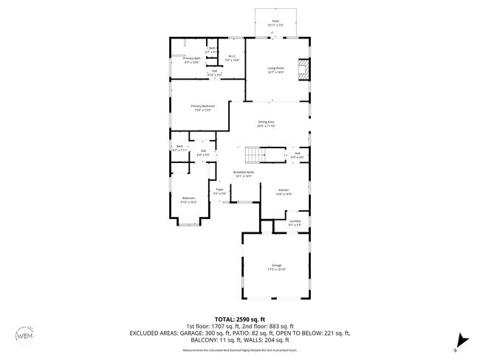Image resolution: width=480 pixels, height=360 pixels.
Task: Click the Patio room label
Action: pyautogui.click(x=275, y=23)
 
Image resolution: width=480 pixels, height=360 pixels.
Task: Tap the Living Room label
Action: pyautogui.click(x=275, y=70)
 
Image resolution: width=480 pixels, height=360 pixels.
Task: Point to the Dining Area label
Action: pyautogui.click(x=266, y=123)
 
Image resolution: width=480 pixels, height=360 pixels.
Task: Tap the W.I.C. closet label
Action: pyautogui.click(x=231, y=58)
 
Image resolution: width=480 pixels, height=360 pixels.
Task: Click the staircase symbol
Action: pyautogui.click(x=253, y=153)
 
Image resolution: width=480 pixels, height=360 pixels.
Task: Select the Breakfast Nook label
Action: pyautogui.click(x=244, y=174)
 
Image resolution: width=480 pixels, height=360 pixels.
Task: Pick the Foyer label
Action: pyautogui.click(x=219, y=191)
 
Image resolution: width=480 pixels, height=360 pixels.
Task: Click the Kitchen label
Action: pyautogui.click(x=284, y=192)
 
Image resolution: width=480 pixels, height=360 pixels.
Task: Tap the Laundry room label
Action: pyautogui.click(x=294, y=222)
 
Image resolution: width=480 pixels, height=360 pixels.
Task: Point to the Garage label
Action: pyautogui.click(x=276, y=267)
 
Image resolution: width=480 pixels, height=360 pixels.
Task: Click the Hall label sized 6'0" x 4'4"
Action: pyautogui.click(x=296, y=155)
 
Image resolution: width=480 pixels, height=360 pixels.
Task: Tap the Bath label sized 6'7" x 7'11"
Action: pyautogui.click(x=179, y=148)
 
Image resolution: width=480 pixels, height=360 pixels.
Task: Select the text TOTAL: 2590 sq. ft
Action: pyautogui.click(x=240, y=319)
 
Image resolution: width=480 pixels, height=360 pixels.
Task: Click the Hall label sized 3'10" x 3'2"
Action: pyautogui.click(x=214, y=72)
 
